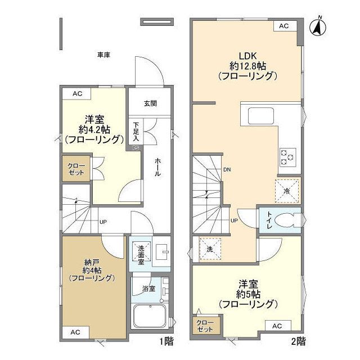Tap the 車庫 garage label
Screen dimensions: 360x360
103,55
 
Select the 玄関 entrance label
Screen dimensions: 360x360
150,103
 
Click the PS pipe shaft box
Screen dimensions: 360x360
136,148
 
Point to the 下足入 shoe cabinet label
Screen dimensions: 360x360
136,132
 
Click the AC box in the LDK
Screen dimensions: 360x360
284,26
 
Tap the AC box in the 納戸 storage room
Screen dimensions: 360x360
75,332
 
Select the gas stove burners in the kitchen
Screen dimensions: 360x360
287,157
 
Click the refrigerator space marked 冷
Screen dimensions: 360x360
287,191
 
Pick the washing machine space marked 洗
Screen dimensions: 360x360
210,249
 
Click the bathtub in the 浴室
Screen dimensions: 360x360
150,316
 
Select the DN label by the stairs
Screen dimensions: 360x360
227,170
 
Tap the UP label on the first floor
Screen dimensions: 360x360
103,222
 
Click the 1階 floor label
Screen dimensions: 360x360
166,341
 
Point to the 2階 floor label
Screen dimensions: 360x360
299,341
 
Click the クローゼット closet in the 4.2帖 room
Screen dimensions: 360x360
76,169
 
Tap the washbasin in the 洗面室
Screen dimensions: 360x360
161,252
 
